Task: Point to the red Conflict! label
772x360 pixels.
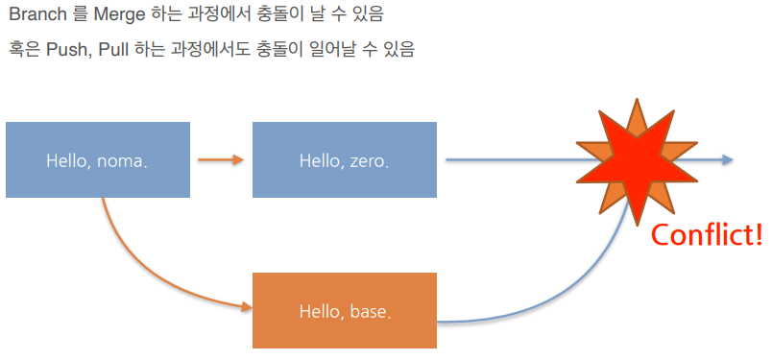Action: click(707, 233)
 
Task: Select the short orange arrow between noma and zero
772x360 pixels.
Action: click(221, 159)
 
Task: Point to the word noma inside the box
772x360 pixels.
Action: click(123, 160)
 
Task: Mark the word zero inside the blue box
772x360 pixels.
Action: click(369, 160)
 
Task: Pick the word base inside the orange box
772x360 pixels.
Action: click(370, 311)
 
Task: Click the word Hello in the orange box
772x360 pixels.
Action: click(320, 311)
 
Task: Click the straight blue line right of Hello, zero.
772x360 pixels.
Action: click(509, 159)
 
